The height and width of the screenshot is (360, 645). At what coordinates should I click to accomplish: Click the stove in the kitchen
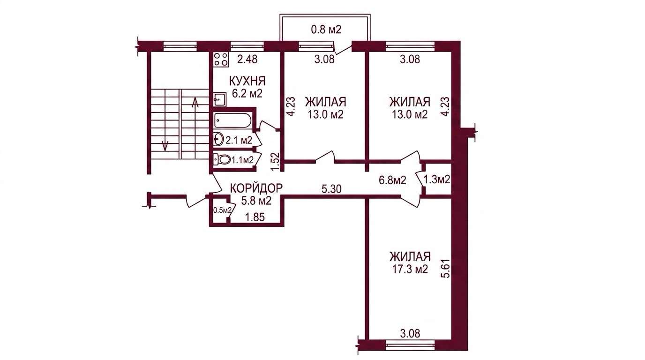(221, 60)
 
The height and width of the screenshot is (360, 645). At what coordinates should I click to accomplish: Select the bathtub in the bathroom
(233, 120)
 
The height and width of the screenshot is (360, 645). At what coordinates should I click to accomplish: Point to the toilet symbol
(222, 159)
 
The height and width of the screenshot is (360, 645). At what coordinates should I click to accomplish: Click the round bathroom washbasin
(218, 140)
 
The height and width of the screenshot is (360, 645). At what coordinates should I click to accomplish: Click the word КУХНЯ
(247, 81)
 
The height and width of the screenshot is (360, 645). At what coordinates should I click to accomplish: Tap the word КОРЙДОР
(256, 188)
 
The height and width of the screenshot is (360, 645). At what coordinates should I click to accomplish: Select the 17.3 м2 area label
(410, 270)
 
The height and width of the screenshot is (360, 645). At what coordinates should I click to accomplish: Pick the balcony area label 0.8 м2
(326, 30)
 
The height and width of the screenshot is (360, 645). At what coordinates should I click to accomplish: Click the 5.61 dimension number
(445, 267)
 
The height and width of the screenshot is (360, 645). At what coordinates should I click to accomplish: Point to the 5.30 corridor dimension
(331, 189)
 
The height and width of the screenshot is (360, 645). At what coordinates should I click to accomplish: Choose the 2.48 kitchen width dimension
(247, 60)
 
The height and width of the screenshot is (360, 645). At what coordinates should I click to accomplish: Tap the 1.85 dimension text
(254, 217)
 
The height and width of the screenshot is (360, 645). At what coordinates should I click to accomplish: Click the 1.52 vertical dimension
(276, 162)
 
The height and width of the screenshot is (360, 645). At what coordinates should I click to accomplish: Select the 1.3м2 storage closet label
(437, 180)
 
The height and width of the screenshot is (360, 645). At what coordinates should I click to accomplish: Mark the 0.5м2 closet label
(222, 210)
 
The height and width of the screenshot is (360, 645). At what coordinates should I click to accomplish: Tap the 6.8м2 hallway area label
(392, 180)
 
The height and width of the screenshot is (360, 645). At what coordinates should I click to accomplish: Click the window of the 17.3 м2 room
(410, 344)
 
